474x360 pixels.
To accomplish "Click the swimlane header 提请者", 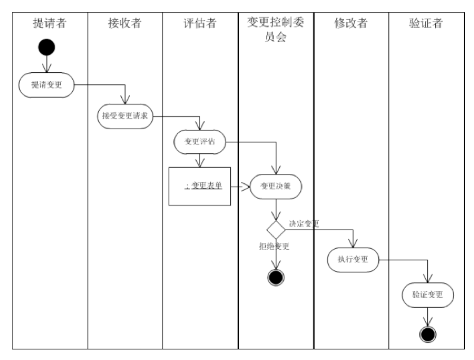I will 50,24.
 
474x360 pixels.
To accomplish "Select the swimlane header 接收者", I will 125,24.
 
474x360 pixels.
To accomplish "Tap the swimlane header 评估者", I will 200,24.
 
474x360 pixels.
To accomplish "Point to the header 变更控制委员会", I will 276,29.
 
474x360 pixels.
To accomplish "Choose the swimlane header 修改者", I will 351,24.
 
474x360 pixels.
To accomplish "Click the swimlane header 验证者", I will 426,24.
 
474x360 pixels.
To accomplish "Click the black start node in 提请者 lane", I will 46,47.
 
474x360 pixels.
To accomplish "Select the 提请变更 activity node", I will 46,85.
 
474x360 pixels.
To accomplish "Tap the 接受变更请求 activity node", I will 125,116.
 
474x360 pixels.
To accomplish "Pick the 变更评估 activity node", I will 200,142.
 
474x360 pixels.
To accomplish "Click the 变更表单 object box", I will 200,186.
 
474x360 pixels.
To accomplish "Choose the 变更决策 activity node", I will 276,186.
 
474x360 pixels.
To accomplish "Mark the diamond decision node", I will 276,230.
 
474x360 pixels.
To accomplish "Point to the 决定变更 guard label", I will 304,223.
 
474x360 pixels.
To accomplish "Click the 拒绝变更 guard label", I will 274,246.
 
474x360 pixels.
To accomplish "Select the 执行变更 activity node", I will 353,259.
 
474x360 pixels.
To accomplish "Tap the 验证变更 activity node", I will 427,295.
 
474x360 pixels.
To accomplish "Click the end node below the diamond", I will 276,277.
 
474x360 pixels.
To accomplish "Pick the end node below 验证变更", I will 428,334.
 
